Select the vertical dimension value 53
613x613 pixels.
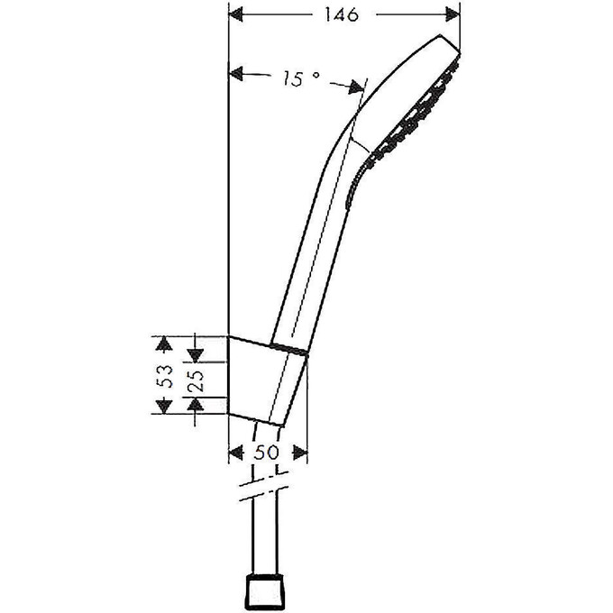[x=164, y=374]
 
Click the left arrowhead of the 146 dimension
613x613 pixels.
[x=236, y=14]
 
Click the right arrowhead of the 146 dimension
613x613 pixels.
[x=453, y=14]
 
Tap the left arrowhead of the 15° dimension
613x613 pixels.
[x=236, y=72]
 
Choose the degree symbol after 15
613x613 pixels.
[x=316, y=77]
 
